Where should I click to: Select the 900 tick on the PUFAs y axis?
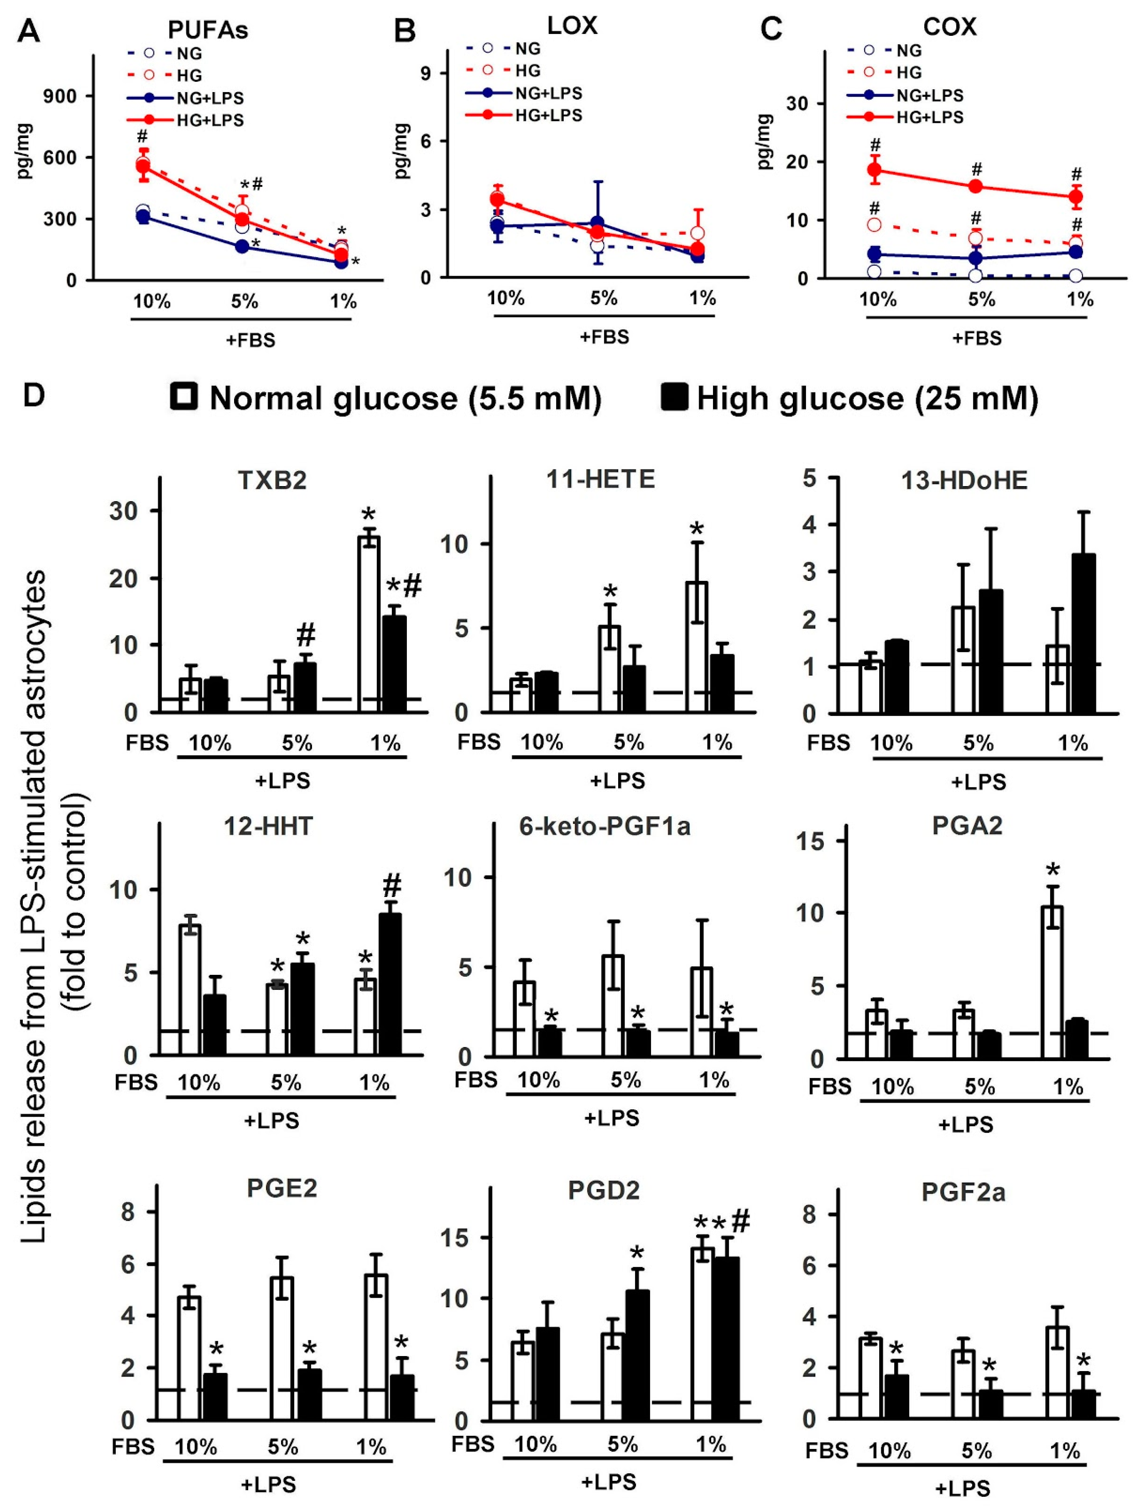[x=60, y=96]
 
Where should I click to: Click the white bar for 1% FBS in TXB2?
[x=369, y=624]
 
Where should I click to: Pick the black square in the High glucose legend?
[x=675, y=397]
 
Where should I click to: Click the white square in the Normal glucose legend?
[x=184, y=397]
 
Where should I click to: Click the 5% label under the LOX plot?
[x=604, y=298]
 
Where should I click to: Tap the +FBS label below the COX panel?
[x=977, y=338]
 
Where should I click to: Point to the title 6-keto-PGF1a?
[x=605, y=826]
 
